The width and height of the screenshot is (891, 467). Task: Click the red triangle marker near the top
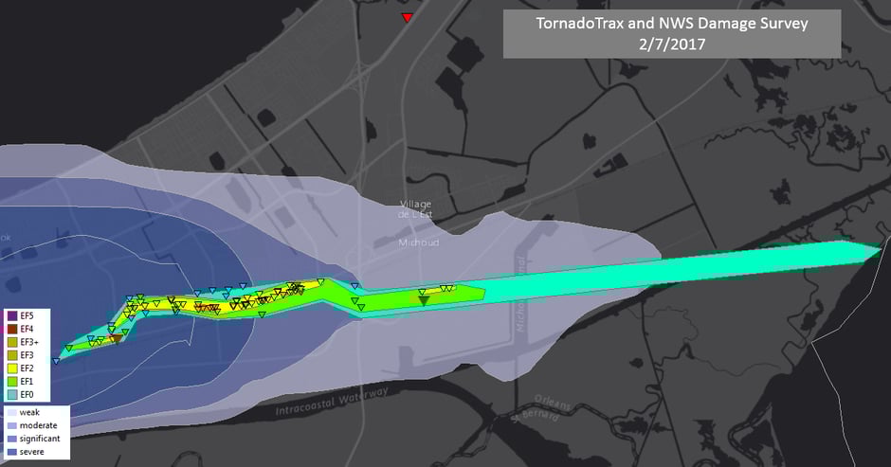pyautogui.click(x=407, y=18)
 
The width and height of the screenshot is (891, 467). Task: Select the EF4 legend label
pyautogui.click(x=27, y=329)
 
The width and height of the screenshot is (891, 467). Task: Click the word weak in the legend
pyautogui.click(x=29, y=412)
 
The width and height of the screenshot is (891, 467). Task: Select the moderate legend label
pyautogui.click(x=36, y=425)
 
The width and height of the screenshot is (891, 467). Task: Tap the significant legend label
pyautogui.click(x=39, y=439)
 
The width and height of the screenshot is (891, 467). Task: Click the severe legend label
pyautogui.click(x=32, y=452)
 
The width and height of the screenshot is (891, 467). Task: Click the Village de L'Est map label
pyautogui.click(x=418, y=210)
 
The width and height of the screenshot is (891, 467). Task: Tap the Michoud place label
pyautogui.click(x=418, y=242)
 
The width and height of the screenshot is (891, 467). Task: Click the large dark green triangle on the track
pyautogui.click(x=423, y=300)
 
